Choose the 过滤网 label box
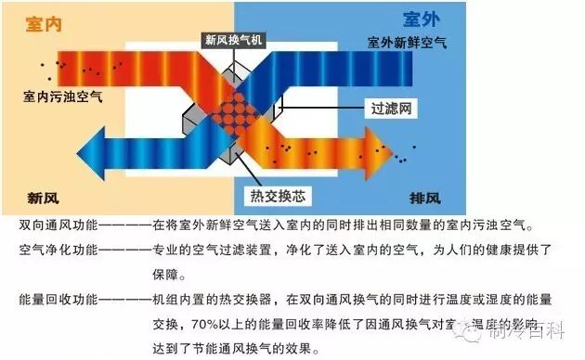(391, 109)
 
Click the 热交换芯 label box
(279, 195)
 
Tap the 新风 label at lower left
(45, 198)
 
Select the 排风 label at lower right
(424, 198)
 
